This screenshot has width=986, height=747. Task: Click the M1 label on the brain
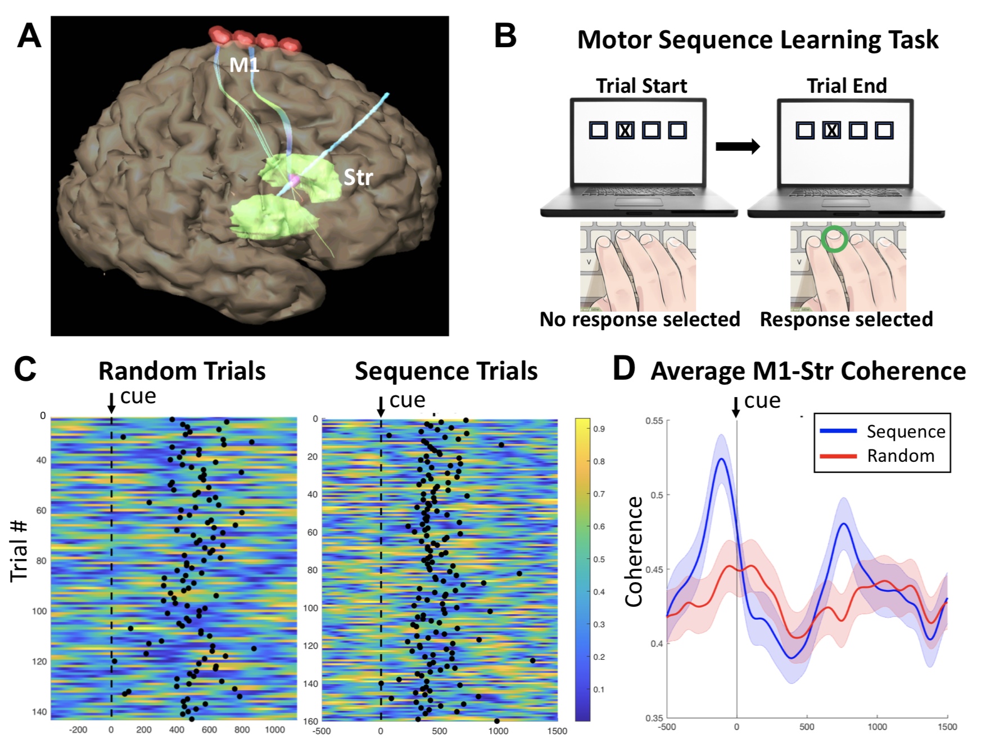pos(244,65)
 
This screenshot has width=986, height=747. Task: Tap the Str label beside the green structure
pos(358,177)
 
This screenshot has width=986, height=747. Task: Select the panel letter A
pos(29,37)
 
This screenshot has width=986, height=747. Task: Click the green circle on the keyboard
pos(834,239)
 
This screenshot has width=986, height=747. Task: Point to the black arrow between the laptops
pos(737,146)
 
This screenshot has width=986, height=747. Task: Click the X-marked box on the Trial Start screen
pos(625,130)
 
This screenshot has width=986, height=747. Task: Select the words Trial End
pos(847,85)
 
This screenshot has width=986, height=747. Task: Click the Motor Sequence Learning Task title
pos(758,40)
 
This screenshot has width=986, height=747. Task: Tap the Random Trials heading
pos(182,371)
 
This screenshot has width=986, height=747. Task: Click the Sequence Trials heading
pos(446,371)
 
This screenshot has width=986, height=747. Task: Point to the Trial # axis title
pos(19,551)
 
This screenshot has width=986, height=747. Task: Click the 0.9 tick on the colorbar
pos(599,429)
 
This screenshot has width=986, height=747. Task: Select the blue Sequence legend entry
pos(882,431)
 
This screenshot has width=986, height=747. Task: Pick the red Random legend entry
pos(877,456)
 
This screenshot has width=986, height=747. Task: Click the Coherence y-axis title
pos(634,551)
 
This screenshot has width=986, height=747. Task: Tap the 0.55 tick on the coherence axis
pos(654,421)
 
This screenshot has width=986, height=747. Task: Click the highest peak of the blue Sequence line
pos(721,459)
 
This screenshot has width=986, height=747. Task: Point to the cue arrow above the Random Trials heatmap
pos(111,403)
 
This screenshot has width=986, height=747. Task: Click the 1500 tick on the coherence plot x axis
pos(947,727)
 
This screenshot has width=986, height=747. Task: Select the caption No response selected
pos(640,319)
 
